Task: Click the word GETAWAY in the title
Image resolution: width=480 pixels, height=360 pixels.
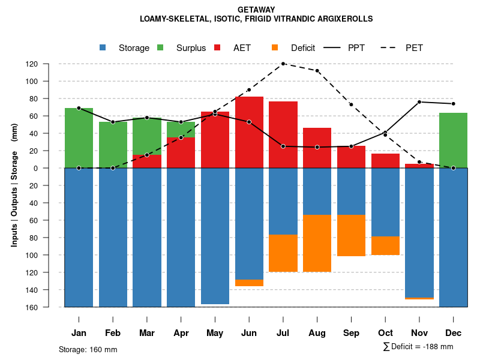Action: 256,10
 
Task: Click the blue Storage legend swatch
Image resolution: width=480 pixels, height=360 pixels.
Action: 103,48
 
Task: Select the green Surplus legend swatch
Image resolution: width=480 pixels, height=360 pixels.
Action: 161,48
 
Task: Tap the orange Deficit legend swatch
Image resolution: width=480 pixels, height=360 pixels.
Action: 275,48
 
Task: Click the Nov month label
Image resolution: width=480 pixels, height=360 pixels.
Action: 419,333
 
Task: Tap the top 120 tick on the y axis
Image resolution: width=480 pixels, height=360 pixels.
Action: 49,64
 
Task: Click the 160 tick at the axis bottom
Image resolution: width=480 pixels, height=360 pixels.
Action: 49,307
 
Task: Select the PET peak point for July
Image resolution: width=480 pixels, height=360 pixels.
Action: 283,64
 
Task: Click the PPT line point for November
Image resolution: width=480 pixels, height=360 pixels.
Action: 419,102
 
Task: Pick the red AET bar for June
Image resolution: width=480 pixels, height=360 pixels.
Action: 249,132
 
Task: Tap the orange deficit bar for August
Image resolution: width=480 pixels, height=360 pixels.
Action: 317,243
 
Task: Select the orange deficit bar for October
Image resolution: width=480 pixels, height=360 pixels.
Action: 385,245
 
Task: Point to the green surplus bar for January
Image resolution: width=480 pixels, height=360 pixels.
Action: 79,137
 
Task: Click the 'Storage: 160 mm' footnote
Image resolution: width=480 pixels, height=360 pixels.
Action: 88,349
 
